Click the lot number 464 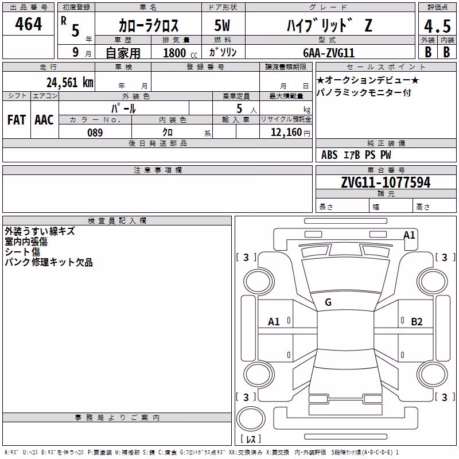click(x=28, y=24)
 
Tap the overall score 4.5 click(x=437, y=26)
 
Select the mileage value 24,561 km click(x=70, y=83)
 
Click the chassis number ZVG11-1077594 click(x=386, y=182)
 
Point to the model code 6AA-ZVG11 click(x=329, y=53)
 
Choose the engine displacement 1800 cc click(x=180, y=53)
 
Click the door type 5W click(x=222, y=25)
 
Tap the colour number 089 click(x=95, y=133)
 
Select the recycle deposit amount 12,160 click(x=286, y=133)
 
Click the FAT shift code click(x=17, y=120)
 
